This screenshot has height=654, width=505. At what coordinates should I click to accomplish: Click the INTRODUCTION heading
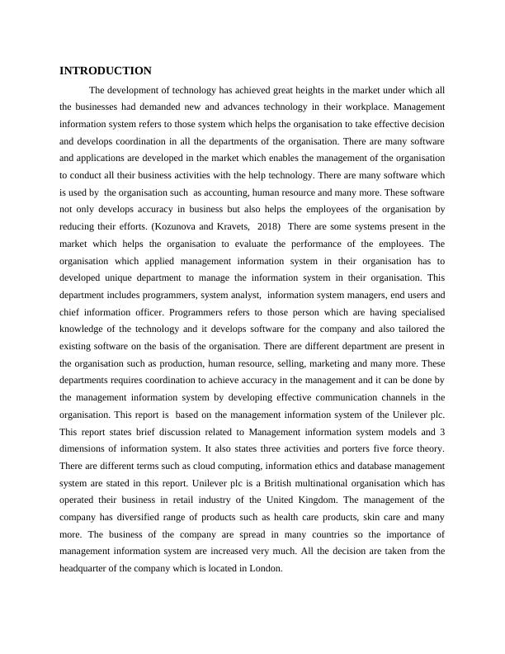106,71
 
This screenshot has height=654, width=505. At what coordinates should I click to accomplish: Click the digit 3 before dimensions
443,431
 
